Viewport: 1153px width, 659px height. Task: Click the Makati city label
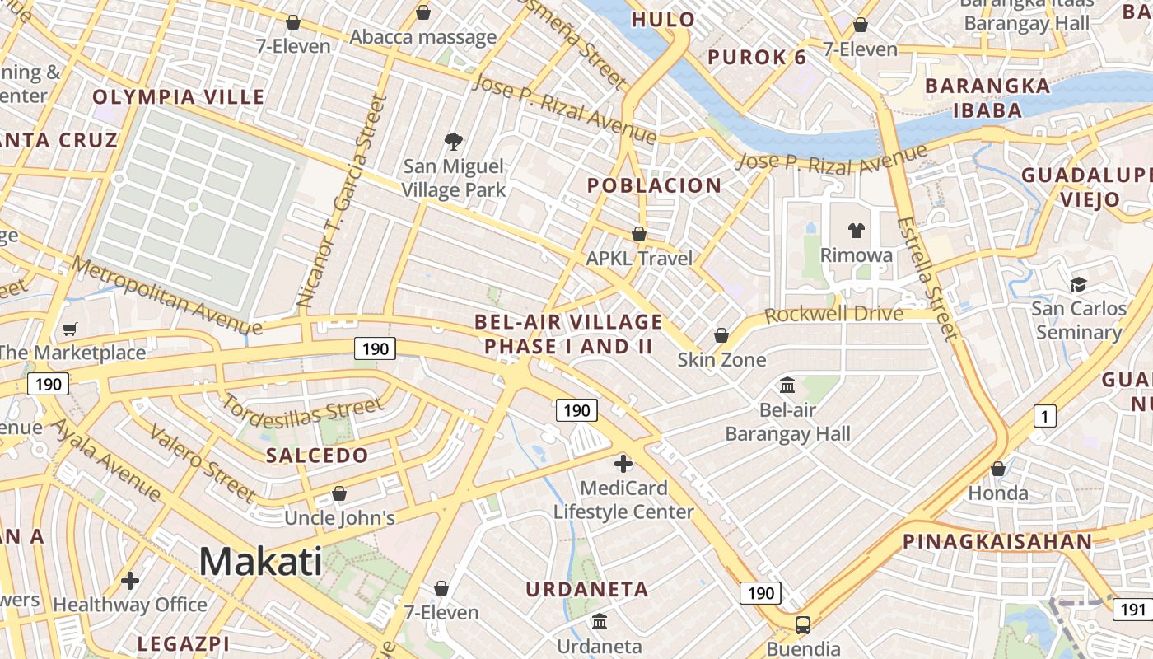[260, 562]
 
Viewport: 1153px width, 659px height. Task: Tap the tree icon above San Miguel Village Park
[453, 142]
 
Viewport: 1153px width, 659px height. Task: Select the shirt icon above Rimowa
[857, 231]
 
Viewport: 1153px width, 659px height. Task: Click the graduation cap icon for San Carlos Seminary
[1078, 284]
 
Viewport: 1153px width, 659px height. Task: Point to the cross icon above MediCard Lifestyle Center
[623, 464]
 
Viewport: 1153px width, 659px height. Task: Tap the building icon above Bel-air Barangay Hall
[787, 385]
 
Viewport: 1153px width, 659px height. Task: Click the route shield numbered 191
[1133, 610]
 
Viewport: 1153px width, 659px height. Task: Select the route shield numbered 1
[1044, 417]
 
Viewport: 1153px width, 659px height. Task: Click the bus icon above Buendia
[803, 624]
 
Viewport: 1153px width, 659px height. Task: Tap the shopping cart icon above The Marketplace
[70, 329]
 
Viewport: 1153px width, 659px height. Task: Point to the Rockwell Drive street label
[833, 315]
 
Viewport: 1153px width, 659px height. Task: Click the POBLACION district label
[654, 185]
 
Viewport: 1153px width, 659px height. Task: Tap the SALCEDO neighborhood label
[317, 456]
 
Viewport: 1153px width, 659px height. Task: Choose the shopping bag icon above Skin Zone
[721, 335]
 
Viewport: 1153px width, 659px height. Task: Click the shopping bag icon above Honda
[998, 469]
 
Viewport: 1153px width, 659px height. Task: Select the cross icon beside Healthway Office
[130, 581]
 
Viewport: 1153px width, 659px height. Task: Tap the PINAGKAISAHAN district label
[997, 541]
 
